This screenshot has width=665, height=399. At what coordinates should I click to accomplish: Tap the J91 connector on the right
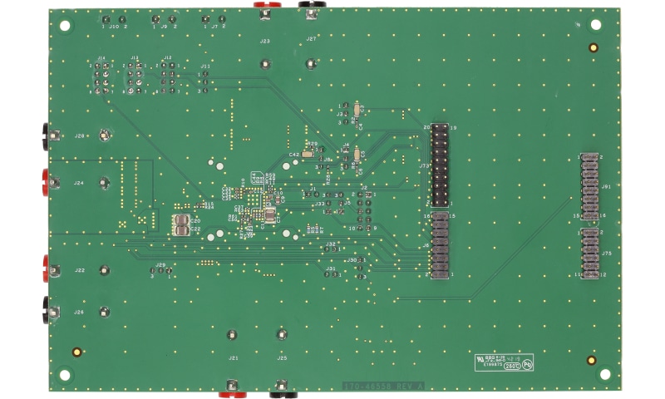click(591, 187)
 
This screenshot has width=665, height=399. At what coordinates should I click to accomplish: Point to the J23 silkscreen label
click(264, 40)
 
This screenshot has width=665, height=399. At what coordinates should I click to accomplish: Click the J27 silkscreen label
click(311, 39)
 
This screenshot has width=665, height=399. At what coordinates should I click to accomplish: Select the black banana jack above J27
click(310, 6)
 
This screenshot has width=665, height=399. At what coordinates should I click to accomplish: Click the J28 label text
click(80, 135)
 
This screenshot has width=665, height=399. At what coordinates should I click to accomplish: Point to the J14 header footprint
click(101, 80)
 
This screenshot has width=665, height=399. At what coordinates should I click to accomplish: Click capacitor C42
click(308, 154)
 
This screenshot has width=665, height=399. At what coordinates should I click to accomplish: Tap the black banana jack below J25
click(283, 387)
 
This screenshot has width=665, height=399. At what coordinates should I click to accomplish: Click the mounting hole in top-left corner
click(65, 25)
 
